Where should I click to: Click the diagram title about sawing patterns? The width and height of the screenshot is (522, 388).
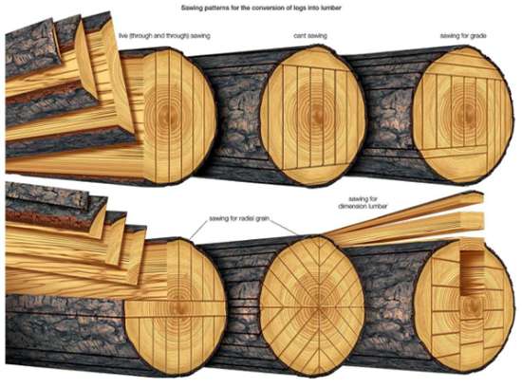point(261,8)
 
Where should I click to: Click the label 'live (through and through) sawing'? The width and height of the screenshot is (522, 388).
point(164,36)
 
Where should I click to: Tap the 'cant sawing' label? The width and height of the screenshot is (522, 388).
point(310,36)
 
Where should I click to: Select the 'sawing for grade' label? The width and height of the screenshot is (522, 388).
point(463,36)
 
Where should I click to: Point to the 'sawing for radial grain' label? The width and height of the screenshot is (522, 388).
point(239,218)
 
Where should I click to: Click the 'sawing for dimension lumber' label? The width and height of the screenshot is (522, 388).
point(363,203)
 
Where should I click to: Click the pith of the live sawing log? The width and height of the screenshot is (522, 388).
point(165,116)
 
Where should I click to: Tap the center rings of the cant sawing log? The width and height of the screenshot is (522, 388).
point(314,114)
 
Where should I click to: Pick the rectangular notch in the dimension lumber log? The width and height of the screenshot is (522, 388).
point(472,272)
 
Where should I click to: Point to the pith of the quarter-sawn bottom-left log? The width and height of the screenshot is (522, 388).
point(180,306)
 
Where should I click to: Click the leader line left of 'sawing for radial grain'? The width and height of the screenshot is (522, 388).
point(198,230)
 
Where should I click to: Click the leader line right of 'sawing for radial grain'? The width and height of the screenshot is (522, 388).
point(283,227)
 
